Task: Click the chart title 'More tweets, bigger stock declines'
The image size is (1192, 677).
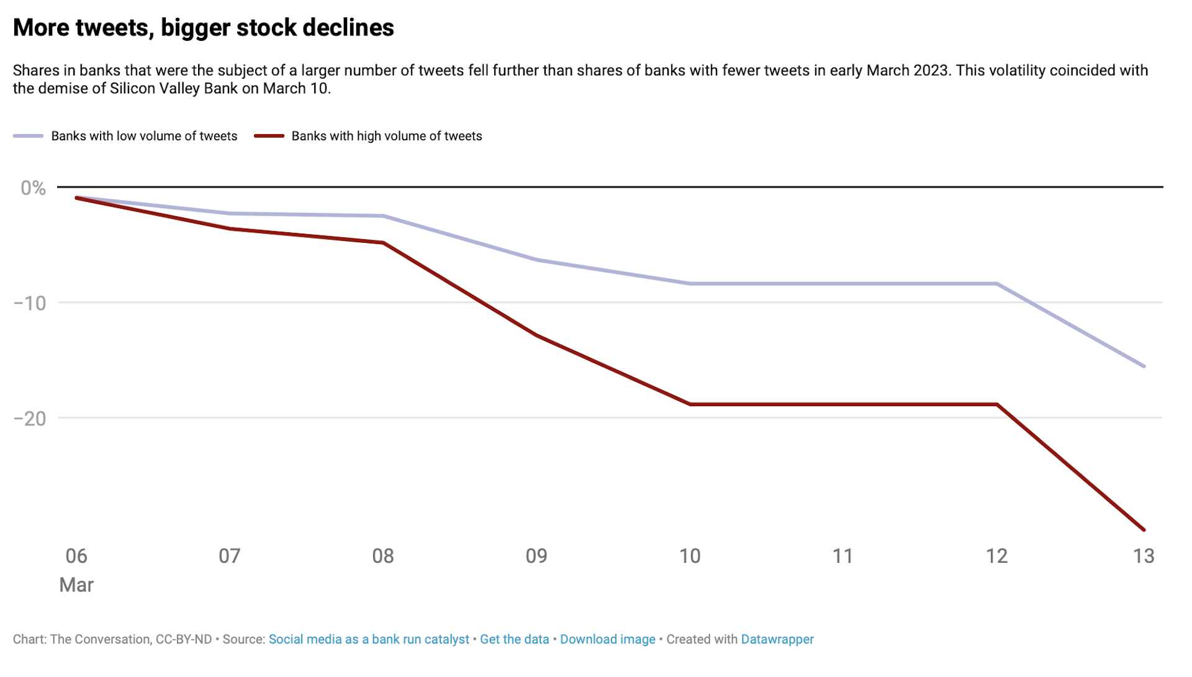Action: [203, 28]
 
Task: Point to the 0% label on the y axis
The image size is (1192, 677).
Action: [33, 188]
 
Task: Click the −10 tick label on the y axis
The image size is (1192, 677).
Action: [30, 303]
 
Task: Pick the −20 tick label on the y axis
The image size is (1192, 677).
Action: [30, 419]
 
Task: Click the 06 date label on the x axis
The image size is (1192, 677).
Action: [76, 556]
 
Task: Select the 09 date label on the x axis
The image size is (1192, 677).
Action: [536, 556]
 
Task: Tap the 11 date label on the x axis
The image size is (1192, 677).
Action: [842, 556]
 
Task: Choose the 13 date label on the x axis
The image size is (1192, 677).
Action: [1143, 556]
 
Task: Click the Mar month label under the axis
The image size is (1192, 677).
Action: [76, 585]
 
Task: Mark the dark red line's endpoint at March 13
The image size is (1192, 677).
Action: [1144, 530]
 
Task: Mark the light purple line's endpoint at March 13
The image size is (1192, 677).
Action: [1144, 366]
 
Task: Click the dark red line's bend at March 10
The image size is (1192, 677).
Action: [690, 404]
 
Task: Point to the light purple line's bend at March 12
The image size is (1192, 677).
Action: [997, 284]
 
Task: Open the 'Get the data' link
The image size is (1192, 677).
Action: [514, 639]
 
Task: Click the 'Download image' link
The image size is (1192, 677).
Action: [607, 639]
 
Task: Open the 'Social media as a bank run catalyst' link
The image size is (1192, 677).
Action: [369, 639]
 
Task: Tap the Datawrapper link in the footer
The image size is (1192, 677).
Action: [777, 639]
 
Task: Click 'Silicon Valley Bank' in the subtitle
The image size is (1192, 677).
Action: [174, 88]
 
